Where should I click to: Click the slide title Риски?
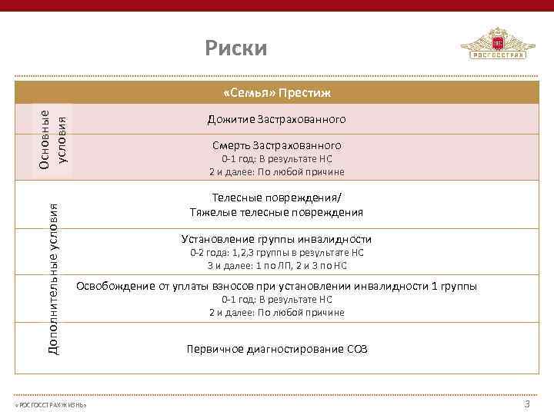point(236,49)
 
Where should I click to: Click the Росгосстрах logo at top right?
point(498,45)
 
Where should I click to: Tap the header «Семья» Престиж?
point(276,93)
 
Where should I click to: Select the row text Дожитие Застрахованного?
point(276,120)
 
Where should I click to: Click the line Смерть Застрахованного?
point(276,144)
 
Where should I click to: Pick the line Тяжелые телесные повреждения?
point(276,212)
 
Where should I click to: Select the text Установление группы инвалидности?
point(276,239)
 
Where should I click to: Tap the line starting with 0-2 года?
point(276,252)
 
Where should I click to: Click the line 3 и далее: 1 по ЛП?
point(276,265)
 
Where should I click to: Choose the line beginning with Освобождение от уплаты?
point(276,286)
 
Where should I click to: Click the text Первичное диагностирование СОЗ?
point(276,349)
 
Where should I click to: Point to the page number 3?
point(527,404)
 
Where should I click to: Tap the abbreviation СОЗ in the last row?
point(355,349)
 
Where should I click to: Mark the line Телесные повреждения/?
point(276,198)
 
